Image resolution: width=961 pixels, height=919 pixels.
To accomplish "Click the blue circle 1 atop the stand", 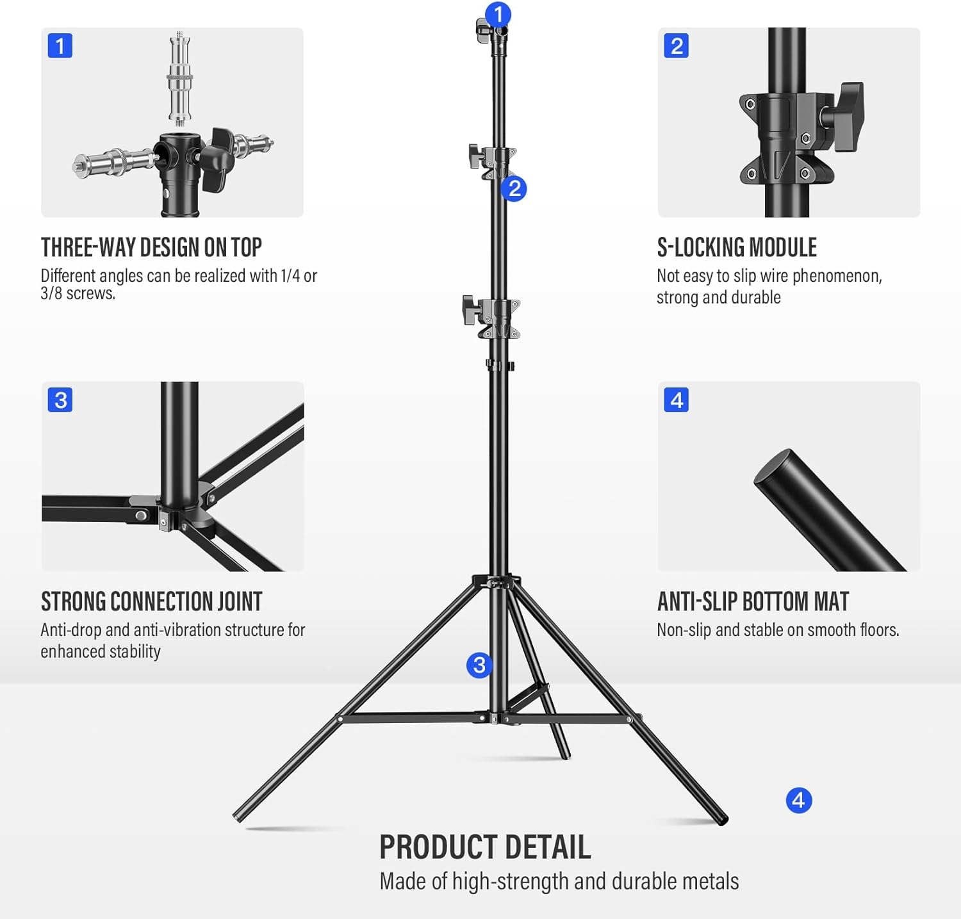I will pyautogui.click(x=498, y=14).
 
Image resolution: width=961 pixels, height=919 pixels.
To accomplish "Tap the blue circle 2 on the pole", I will pyautogui.click(x=514, y=189).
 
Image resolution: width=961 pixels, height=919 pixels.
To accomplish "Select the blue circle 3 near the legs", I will pyautogui.click(x=479, y=665).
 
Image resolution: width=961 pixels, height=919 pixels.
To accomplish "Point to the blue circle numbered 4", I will pyautogui.click(x=798, y=801).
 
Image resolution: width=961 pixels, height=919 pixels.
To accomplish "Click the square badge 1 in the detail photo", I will pyautogui.click(x=60, y=46).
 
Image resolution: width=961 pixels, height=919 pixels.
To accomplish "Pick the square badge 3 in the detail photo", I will pyautogui.click(x=60, y=400).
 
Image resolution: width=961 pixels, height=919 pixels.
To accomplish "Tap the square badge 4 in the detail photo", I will pyautogui.click(x=677, y=400).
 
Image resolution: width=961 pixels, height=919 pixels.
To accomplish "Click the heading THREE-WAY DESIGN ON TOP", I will pyautogui.click(x=151, y=248).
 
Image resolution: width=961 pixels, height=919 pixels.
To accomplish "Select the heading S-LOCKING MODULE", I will pyautogui.click(x=737, y=248).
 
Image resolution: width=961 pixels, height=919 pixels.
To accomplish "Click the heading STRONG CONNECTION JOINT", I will pyautogui.click(x=152, y=602).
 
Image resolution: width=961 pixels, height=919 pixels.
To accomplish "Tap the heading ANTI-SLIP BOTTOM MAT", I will pyautogui.click(x=753, y=602).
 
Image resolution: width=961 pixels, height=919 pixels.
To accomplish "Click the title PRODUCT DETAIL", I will pyautogui.click(x=485, y=847).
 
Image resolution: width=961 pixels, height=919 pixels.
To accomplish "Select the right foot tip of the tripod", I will pyautogui.click(x=722, y=819).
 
